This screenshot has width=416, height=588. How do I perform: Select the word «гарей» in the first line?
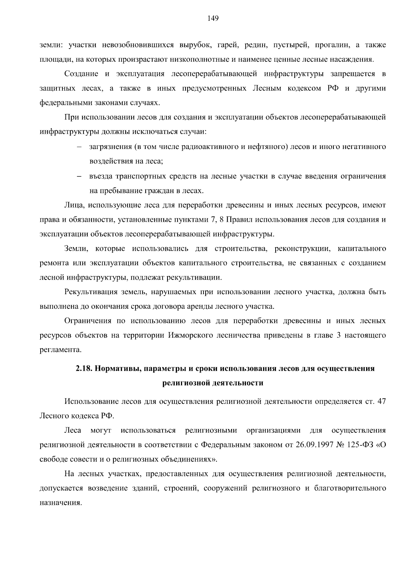[x=227, y=45]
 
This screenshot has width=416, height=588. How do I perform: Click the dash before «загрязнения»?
[x=79, y=147]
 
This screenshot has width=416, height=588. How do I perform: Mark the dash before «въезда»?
[x=79, y=176]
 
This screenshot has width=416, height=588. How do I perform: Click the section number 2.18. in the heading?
[x=84, y=368]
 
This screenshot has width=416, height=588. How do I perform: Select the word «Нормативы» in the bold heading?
[x=116, y=368]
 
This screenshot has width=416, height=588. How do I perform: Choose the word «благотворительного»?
[x=350, y=489]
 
